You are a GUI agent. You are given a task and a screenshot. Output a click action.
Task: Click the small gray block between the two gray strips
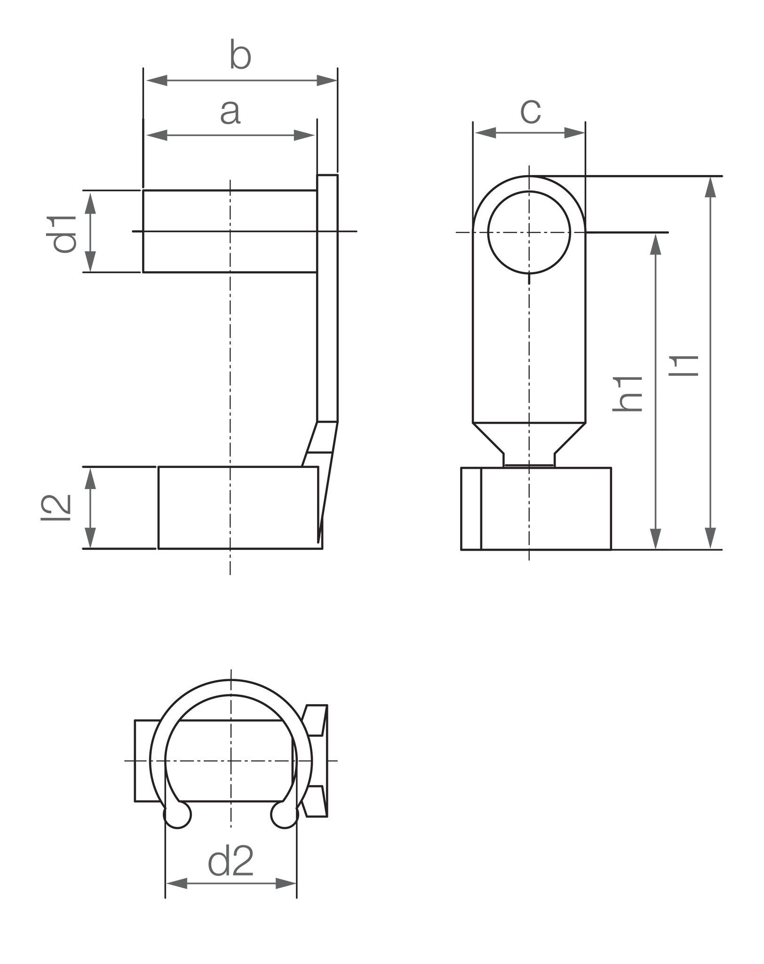pos(275,111)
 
